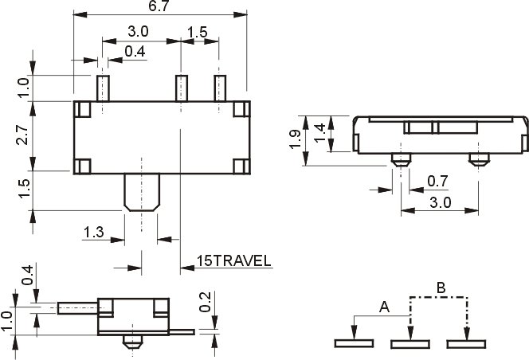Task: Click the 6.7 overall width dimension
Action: (x=159, y=6)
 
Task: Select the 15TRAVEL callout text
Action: (x=233, y=260)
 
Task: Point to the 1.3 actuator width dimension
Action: (x=93, y=232)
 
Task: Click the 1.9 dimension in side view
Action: (x=295, y=139)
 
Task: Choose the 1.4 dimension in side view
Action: (x=319, y=133)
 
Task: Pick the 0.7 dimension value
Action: (x=437, y=181)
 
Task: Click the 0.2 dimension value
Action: (x=205, y=302)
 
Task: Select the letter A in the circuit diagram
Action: (x=385, y=307)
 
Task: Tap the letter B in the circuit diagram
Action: (x=441, y=288)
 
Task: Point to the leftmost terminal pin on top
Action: (x=103, y=88)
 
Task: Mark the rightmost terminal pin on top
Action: (x=220, y=88)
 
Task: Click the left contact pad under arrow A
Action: (x=354, y=343)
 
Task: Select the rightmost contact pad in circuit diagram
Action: (x=466, y=344)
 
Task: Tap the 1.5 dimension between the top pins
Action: (x=197, y=32)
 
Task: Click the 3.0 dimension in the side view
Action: (x=441, y=202)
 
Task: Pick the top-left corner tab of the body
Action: (x=82, y=109)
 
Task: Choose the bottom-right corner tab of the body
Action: (x=241, y=166)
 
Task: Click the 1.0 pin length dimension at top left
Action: (x=24, y=88)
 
